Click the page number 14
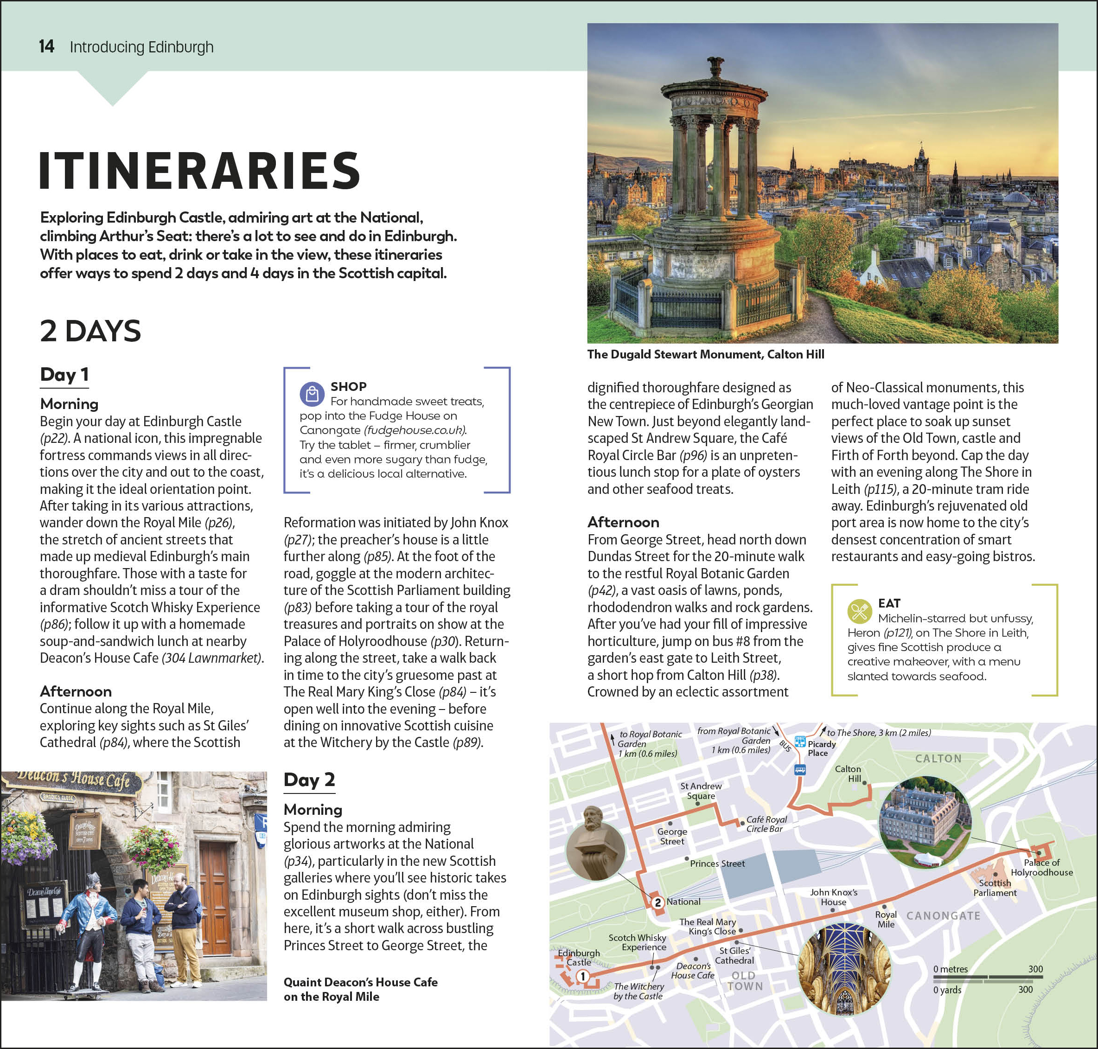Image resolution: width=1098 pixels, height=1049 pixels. (x=46, y=46)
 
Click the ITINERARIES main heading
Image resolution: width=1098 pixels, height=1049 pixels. (x=199, y=171)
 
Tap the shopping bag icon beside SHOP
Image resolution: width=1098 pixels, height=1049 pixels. (x=312, y=394)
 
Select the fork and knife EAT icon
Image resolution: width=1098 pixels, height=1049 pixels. (x=859, y=611)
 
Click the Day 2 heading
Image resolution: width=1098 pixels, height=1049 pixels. (x=309, y=780)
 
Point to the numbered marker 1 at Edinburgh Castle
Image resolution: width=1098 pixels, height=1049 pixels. (x=582, y=976)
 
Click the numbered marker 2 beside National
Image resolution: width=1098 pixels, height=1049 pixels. (x=658, y=902)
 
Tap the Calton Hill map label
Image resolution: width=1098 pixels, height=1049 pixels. (x=848, y=774)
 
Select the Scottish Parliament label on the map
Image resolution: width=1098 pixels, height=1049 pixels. (x=995, y=888)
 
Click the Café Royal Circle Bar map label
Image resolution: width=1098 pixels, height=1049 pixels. (x=766, y=824)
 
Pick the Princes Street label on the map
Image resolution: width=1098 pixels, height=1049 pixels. (x=717, y=864)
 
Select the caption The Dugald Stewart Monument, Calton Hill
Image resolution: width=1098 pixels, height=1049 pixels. (x=706, y=354)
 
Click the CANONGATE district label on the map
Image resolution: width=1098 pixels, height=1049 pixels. (x=943, y=916)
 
